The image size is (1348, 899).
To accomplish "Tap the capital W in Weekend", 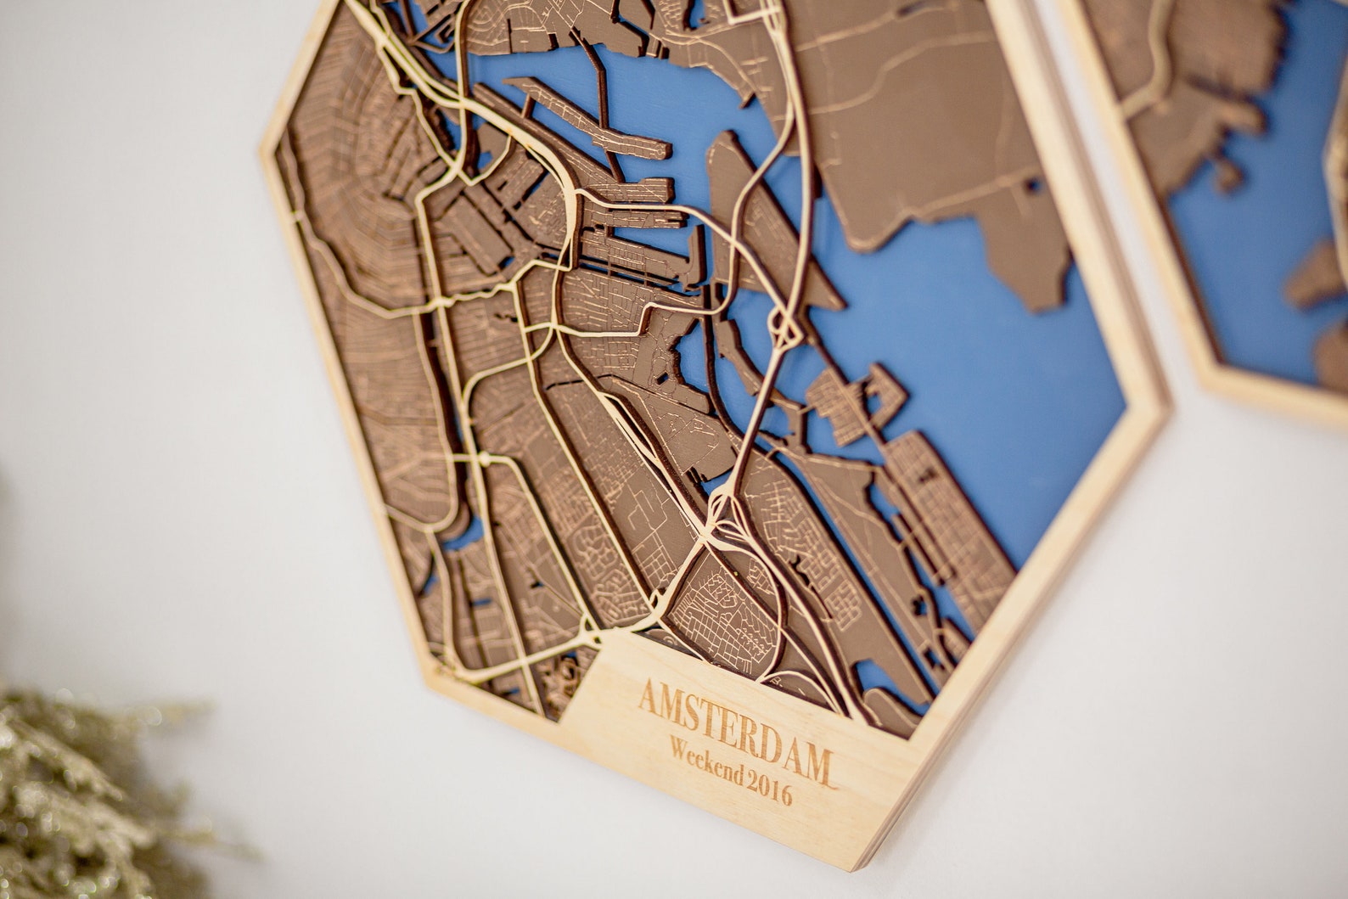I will pos(680,747).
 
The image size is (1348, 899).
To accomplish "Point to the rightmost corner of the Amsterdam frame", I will pos(1165,412).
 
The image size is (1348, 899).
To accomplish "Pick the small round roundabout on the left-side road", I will pos(482,459).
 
